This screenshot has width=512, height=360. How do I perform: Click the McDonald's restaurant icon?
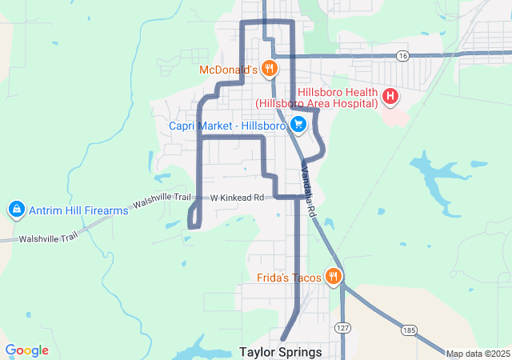[270, 69]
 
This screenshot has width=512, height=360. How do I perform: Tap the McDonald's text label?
[229, 70]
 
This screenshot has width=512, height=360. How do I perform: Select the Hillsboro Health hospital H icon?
[390, 98]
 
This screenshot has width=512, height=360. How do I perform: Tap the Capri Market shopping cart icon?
[298, 124]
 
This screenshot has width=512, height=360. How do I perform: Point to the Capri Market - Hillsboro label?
[227, 126]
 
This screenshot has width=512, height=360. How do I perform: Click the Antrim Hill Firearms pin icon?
[15, 210]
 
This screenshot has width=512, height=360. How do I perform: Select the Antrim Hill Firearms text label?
[78, 210]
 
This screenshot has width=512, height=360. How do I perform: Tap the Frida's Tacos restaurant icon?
[334, 278]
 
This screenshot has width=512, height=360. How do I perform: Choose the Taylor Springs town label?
[281, 352]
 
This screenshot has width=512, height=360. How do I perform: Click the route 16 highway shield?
[402, 55]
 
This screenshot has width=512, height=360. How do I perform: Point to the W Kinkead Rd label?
[238, 197]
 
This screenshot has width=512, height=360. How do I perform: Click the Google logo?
[27, 350]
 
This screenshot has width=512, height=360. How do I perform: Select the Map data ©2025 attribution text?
[478, 354]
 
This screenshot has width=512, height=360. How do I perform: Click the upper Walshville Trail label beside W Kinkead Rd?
[163, 200]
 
